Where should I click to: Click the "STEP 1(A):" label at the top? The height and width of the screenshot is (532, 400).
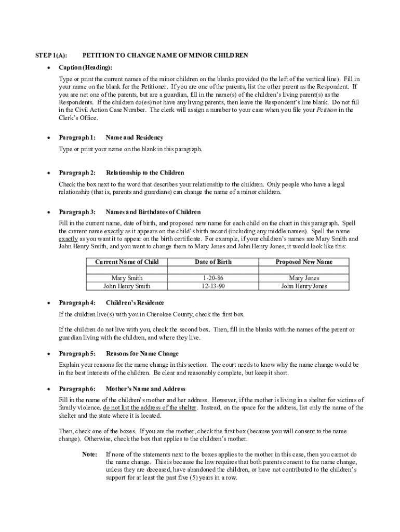click(51, 55)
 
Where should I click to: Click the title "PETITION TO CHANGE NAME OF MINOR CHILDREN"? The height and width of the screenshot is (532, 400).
click(165, 55)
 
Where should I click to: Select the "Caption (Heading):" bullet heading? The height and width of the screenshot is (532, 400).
click(85, 68)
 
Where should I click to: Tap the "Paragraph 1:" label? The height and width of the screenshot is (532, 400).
click(77, 138)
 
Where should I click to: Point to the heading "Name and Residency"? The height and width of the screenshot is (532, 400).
click(135, 138)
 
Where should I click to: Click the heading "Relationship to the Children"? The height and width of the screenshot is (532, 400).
click(145, 172)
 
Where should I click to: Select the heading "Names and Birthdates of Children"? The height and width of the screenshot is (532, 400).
click(153, 212)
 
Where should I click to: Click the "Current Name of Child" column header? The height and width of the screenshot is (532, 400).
click(127, 262)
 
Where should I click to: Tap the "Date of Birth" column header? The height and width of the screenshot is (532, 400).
click(213, 262)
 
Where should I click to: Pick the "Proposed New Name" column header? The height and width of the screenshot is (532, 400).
click(304, 262)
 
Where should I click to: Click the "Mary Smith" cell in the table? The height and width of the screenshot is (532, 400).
click(127, 278)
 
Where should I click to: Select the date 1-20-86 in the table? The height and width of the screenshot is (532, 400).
click(213, 278)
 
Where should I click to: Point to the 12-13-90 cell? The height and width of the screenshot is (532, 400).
click(213, 286)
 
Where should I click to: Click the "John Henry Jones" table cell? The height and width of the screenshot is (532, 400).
click(304, 286)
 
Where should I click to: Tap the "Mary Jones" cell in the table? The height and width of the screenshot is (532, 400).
click(304, 278)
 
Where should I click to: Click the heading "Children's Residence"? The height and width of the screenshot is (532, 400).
click(135, 303)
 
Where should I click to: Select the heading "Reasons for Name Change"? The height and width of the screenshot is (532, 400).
click(142, 354)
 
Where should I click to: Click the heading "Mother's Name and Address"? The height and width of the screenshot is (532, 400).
click(145, 389)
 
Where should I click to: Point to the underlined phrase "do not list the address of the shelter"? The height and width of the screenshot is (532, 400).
click(150, 408)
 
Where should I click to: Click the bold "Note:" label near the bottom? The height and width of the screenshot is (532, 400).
click(90, 454)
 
